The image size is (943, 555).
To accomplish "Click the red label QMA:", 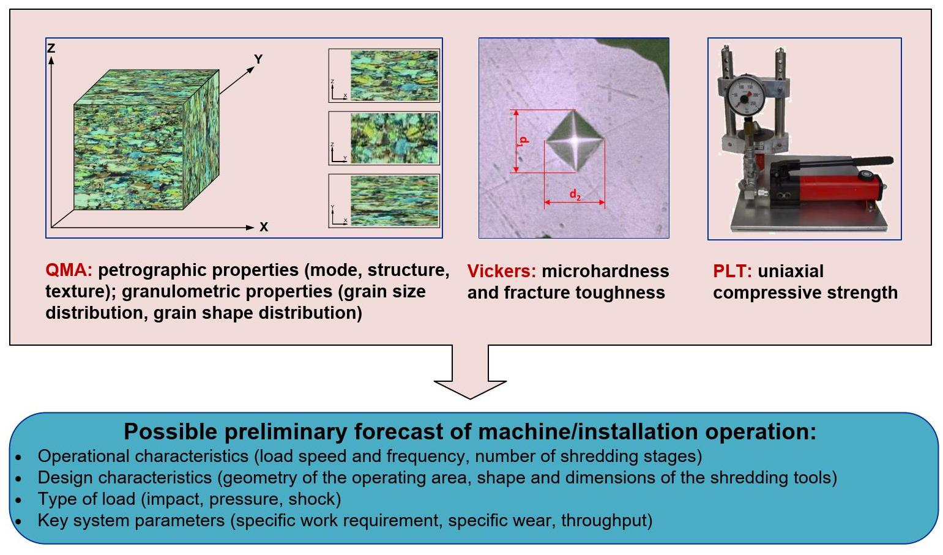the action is tap(69, 270).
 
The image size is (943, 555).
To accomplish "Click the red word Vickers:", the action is tap(502, 271).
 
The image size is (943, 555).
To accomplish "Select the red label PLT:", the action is tap(732, 271).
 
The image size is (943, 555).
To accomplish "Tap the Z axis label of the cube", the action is tap(51, 48).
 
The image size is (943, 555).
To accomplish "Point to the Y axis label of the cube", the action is tap(258, 59).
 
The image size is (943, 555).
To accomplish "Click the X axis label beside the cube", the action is tap(264, 227).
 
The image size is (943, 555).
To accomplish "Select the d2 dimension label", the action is tap(575, 195).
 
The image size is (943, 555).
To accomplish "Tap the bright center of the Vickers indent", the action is tap(575, 141).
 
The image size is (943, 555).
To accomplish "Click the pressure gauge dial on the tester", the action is tap(744, 94).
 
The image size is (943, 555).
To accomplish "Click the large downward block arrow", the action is tap(470, 373).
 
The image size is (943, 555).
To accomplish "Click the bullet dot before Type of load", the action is tap(19, 500).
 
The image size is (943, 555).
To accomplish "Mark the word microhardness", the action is tap(605, 271).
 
